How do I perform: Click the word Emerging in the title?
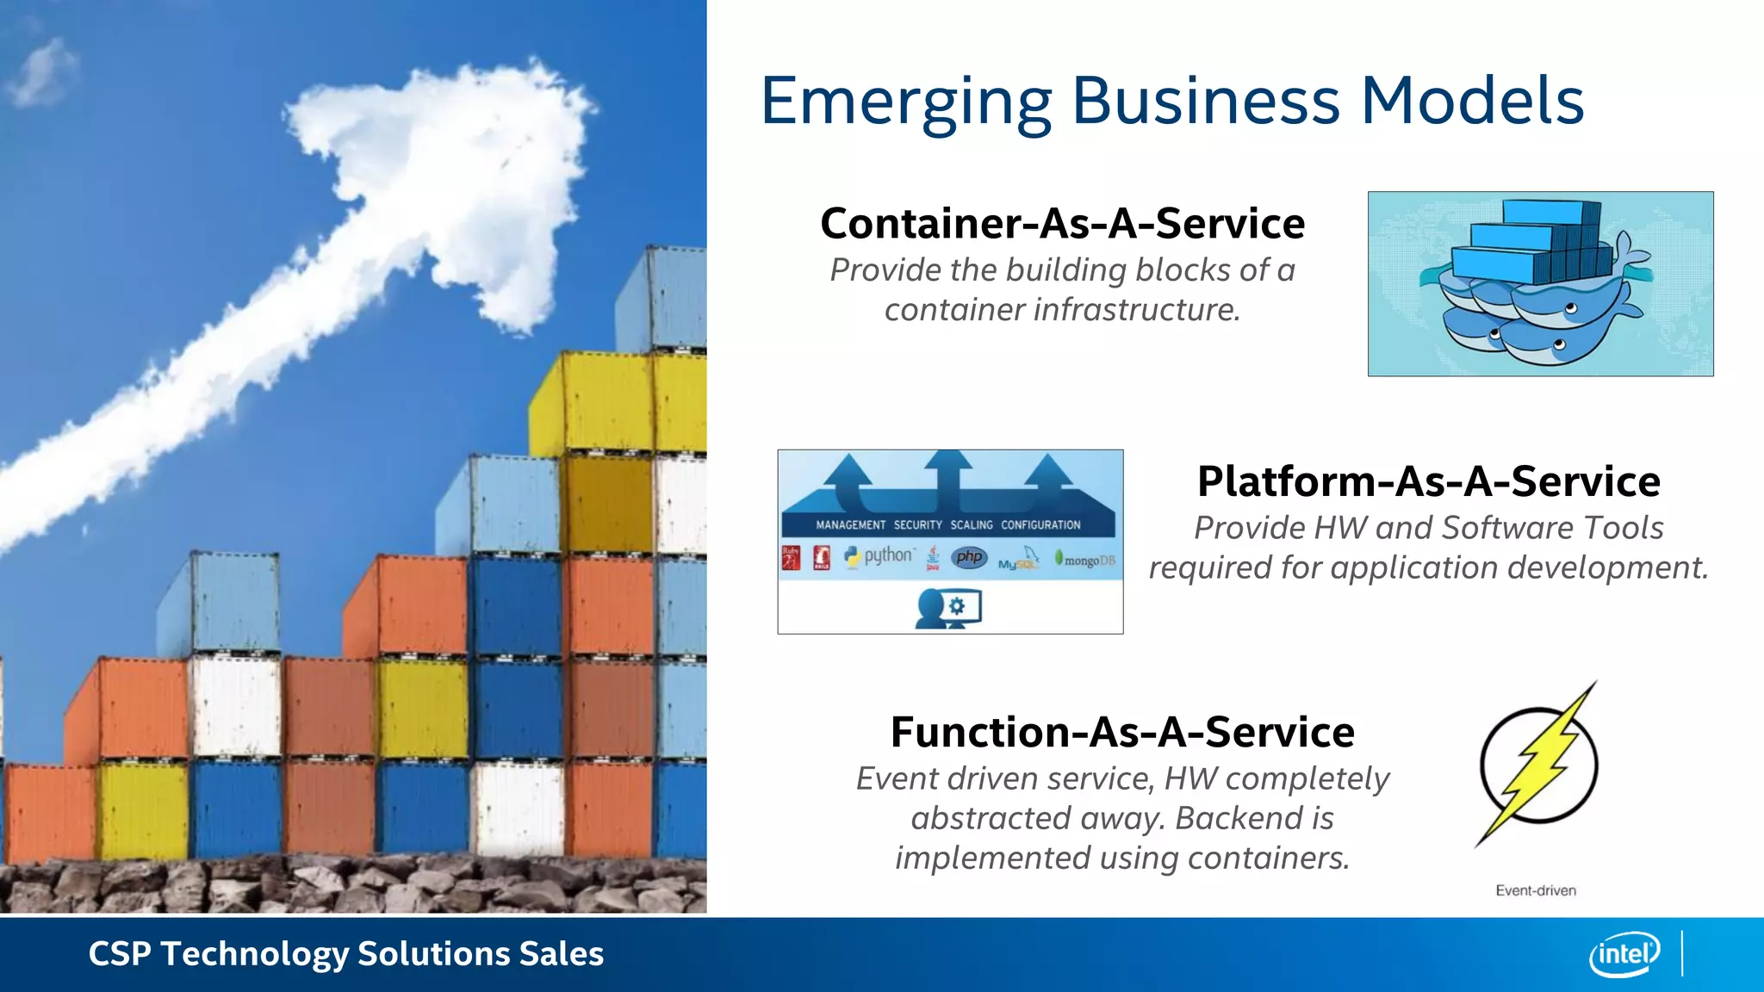tap(906, 102)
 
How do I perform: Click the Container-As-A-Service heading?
tap(1062, 224)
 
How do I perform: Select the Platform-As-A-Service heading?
tap(1428, 481)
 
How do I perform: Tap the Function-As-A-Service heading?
tap(1122, 732)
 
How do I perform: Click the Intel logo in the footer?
tap(1624, 954)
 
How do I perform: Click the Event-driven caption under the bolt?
tap(1536, 890)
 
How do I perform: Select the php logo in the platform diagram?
tap(969, 557)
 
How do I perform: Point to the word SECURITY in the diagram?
tap(917, 524)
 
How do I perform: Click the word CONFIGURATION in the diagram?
tap(1040, 524)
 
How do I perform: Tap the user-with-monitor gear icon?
tap(947, 608)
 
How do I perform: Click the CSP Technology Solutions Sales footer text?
tap(345, 954)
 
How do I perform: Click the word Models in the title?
tap(1472, 102)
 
